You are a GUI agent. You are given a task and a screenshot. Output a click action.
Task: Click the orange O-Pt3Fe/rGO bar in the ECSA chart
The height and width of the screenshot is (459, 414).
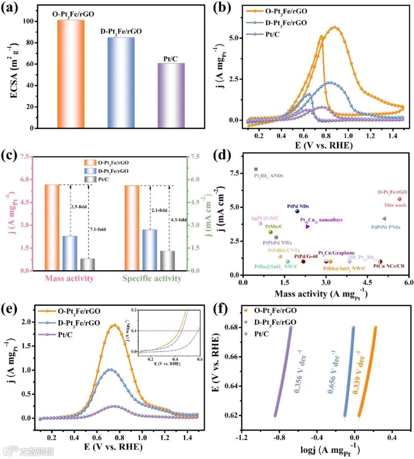(x=71, y=74)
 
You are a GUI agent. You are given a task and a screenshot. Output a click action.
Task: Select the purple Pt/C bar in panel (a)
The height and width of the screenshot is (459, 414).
(x=171, y=95)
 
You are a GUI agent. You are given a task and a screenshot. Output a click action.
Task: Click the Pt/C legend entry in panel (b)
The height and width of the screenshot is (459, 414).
(x=272, y=34)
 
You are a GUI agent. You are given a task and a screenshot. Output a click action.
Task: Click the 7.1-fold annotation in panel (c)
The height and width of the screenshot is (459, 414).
(x=98, y=229)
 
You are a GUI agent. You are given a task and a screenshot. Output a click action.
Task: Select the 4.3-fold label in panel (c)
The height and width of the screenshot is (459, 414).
(x=178, y=220)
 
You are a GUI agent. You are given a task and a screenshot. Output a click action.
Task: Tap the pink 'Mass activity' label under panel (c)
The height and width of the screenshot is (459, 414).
(x=69, y=279)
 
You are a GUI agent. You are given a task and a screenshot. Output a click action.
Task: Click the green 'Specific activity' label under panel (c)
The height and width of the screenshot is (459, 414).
(x=152, y=279)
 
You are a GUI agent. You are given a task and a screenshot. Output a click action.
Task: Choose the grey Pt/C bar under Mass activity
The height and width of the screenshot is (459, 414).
(x=87, y=264)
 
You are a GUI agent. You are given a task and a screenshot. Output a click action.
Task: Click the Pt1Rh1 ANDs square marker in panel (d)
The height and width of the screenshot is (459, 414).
(x=256, y=169)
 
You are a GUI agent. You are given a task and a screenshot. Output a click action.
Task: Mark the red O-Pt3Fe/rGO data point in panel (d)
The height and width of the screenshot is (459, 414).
(x=399, y=199)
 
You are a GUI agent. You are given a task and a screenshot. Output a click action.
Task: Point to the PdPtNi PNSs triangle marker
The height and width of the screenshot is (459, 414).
(x=384, y=219)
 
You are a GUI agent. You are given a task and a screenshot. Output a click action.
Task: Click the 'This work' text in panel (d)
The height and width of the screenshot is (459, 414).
(x=395, y=205)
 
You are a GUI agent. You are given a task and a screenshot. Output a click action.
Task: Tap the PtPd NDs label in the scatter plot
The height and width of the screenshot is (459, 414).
(x=298, y=207)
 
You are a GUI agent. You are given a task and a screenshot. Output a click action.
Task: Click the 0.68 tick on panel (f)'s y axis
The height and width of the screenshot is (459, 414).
(x=231, y=327)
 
